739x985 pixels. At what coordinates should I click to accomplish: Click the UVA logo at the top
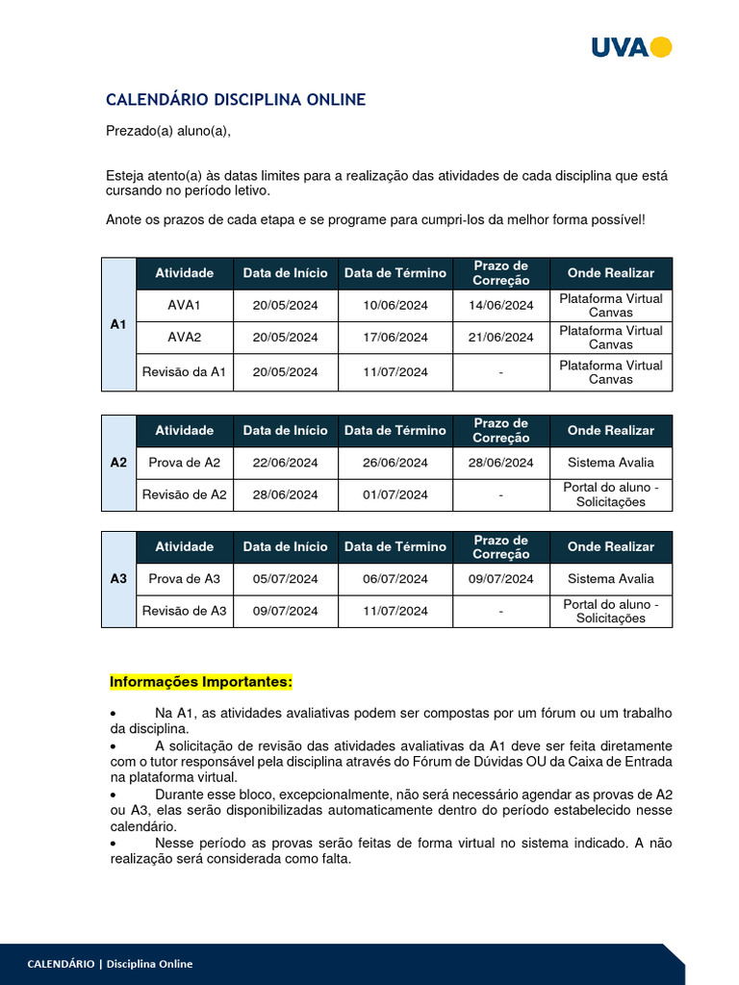(630, 47)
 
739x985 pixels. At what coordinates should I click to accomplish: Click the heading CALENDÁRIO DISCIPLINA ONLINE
(235, 100)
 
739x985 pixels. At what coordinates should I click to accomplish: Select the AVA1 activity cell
(184, 305)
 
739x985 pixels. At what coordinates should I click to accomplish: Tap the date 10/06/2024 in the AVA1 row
(395, 305)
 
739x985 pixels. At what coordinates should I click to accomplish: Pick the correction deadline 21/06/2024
(500, 337)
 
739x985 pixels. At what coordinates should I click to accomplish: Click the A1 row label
(118, 324)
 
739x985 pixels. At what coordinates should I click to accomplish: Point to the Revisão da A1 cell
(184, 372)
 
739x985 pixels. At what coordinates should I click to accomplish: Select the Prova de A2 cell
(184, 463)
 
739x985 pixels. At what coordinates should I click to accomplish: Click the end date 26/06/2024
(395, 463)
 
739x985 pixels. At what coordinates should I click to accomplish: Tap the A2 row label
(118, 463)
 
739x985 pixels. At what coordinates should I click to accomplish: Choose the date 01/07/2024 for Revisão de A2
(395, 494)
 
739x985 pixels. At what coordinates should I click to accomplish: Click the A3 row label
(118, 579)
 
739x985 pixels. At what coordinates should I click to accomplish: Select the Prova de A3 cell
(184, 579)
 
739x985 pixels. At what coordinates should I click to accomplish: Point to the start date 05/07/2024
(285, 579)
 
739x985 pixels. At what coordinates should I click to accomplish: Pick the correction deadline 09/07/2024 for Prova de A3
(500, 579)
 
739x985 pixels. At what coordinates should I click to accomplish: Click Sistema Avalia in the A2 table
(610, 463)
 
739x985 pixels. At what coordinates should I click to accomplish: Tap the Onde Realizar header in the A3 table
(610, 546)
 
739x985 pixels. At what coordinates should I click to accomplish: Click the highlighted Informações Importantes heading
(200, 682)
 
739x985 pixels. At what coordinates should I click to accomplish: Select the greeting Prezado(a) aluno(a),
(168, 132)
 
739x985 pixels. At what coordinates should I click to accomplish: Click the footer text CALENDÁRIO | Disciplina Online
(110, 964)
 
